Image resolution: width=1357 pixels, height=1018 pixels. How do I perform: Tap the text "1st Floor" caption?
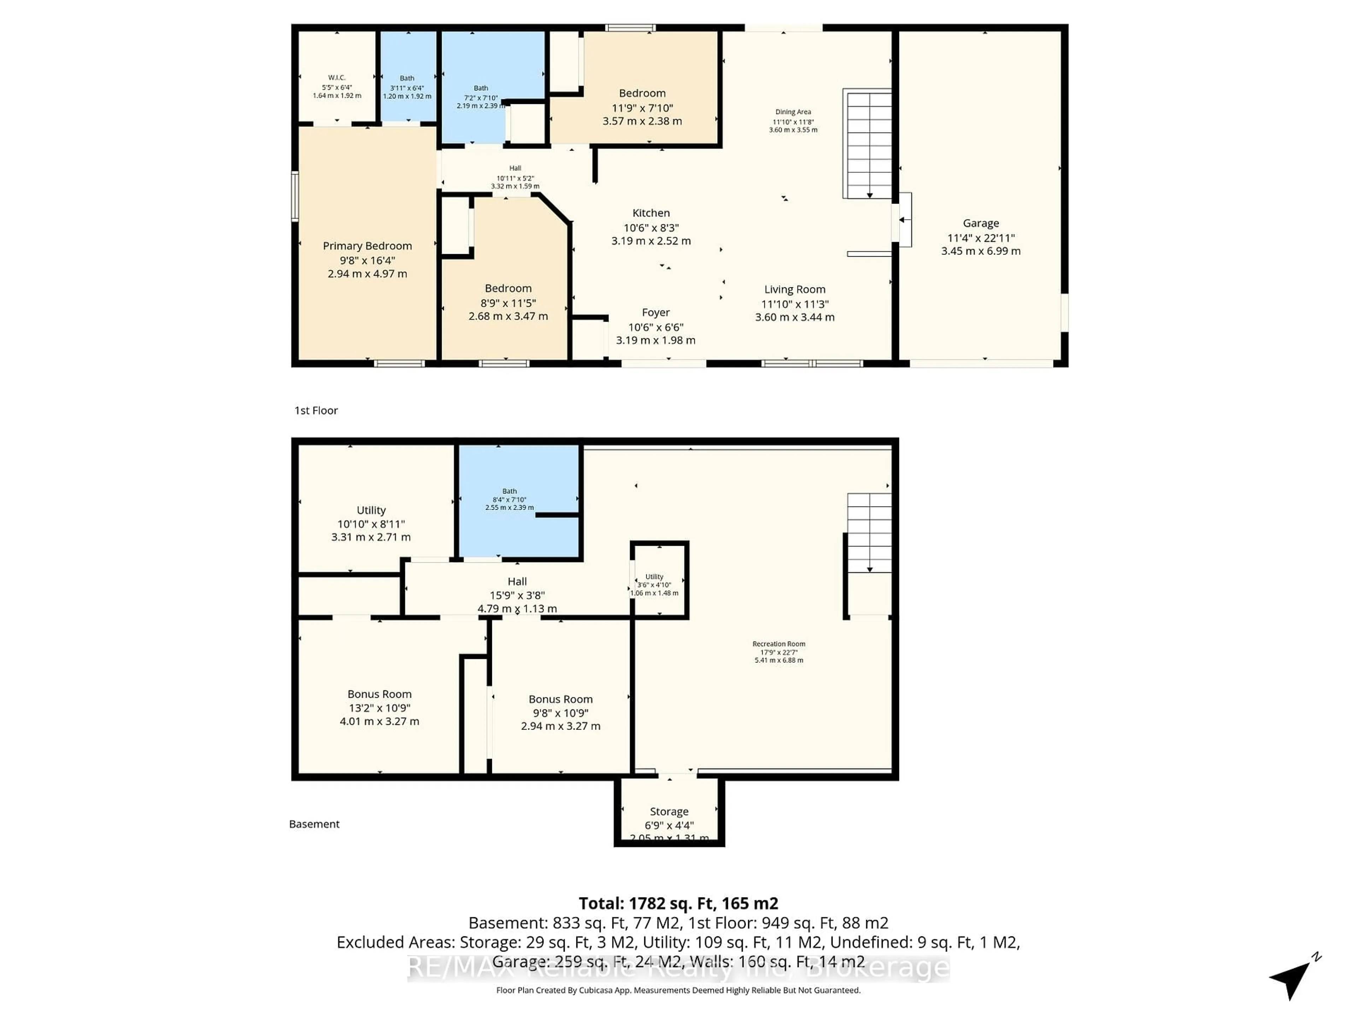coord(316,410)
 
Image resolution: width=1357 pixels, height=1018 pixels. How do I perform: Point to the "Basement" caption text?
coord(314,824)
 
